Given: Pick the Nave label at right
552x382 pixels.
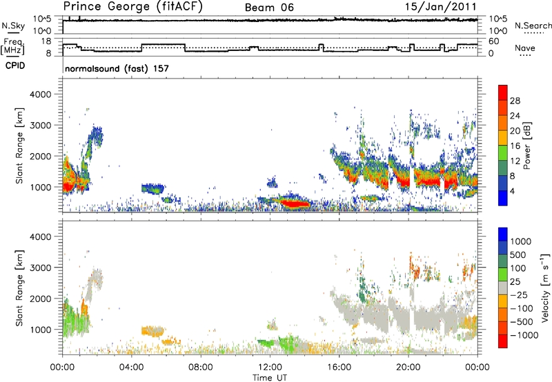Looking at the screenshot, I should (x=524, y=48).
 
